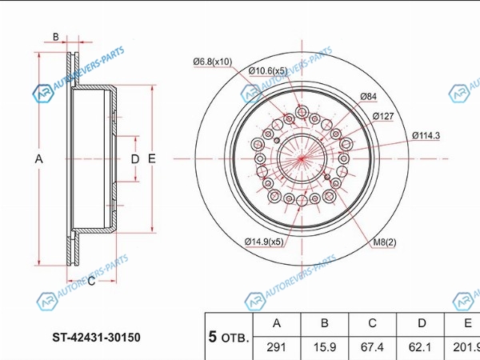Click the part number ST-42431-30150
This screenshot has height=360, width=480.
click(97, 338)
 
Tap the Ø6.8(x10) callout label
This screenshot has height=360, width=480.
click(213, 62)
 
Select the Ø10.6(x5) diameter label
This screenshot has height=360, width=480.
click(268, 71)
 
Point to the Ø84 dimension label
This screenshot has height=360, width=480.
click(369, 97)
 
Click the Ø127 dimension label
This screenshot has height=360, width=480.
click(383, 116)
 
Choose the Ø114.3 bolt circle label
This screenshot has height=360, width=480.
click(426, 135)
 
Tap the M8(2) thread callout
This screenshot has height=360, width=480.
click(385, 242)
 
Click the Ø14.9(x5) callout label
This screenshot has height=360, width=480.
click(264, 242)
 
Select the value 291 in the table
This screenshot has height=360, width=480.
click(277, 347)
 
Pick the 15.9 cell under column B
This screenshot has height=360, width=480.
click(325, 347)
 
